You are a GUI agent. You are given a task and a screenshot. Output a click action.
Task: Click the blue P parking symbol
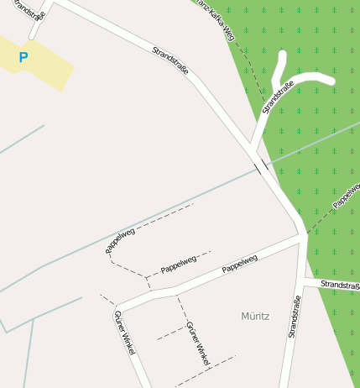tap(23, 58)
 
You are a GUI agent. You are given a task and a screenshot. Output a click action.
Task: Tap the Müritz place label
tap(255, 317)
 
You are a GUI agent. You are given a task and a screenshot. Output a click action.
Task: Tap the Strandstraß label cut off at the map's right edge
tap(339, 286)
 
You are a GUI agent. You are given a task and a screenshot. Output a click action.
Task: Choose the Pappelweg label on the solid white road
tap(239, 265)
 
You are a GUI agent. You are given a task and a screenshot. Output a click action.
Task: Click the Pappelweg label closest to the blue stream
tap(121, 240)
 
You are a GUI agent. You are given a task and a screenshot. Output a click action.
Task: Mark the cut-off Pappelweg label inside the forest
tap(346, 194)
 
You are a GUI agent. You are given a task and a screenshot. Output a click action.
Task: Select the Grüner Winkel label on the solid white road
tap(123, 333)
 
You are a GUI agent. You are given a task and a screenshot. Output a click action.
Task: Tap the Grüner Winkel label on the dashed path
tap(197, 343)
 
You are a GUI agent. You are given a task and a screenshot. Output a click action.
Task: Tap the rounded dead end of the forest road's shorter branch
tap(282, 55)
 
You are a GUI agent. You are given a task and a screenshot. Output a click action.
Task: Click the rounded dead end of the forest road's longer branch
tap(331, 81)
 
